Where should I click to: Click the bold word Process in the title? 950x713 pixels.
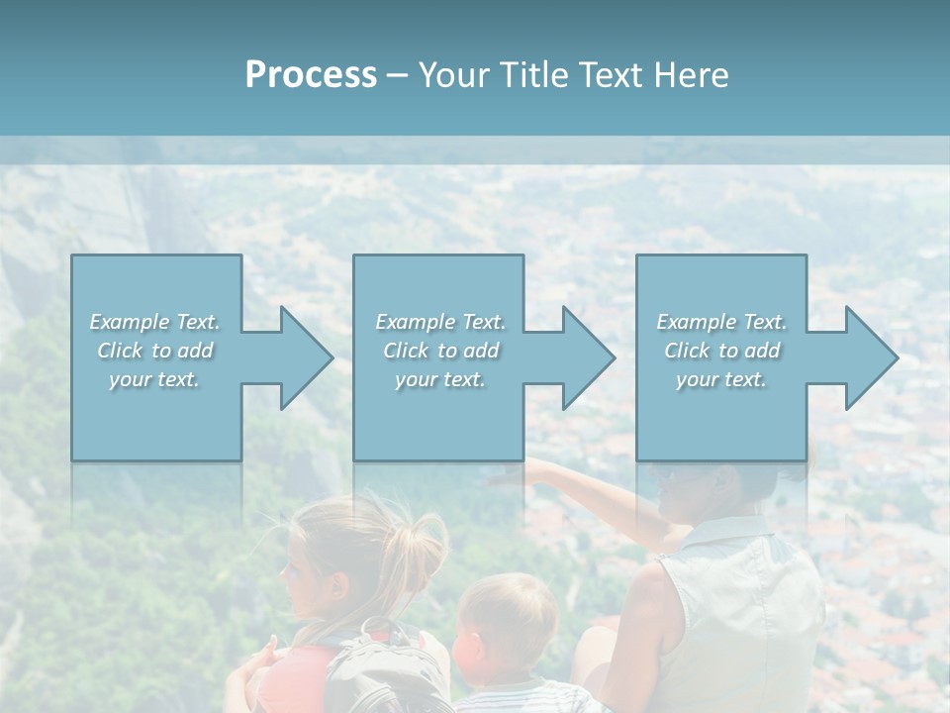(311, 75)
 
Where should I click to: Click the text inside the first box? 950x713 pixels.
(155, 351)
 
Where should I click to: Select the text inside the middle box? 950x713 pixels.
(439, 351)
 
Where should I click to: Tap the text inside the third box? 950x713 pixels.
(721, 351)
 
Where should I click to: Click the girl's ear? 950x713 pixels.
(338, 589)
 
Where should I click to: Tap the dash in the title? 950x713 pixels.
(397, 75)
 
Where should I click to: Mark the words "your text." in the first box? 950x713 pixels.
(155, 379)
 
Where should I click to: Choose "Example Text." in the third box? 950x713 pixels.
(721, 322)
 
